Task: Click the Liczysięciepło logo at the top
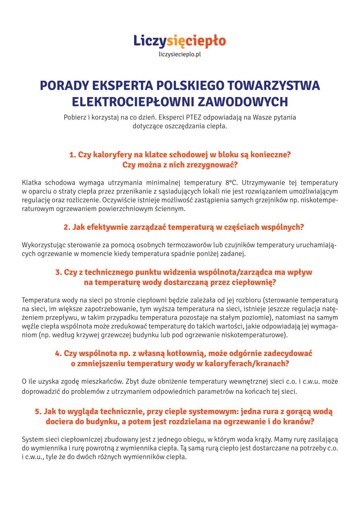179,41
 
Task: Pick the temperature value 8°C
231,183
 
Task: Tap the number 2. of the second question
67,227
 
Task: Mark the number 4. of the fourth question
58,353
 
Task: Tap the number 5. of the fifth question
38,412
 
